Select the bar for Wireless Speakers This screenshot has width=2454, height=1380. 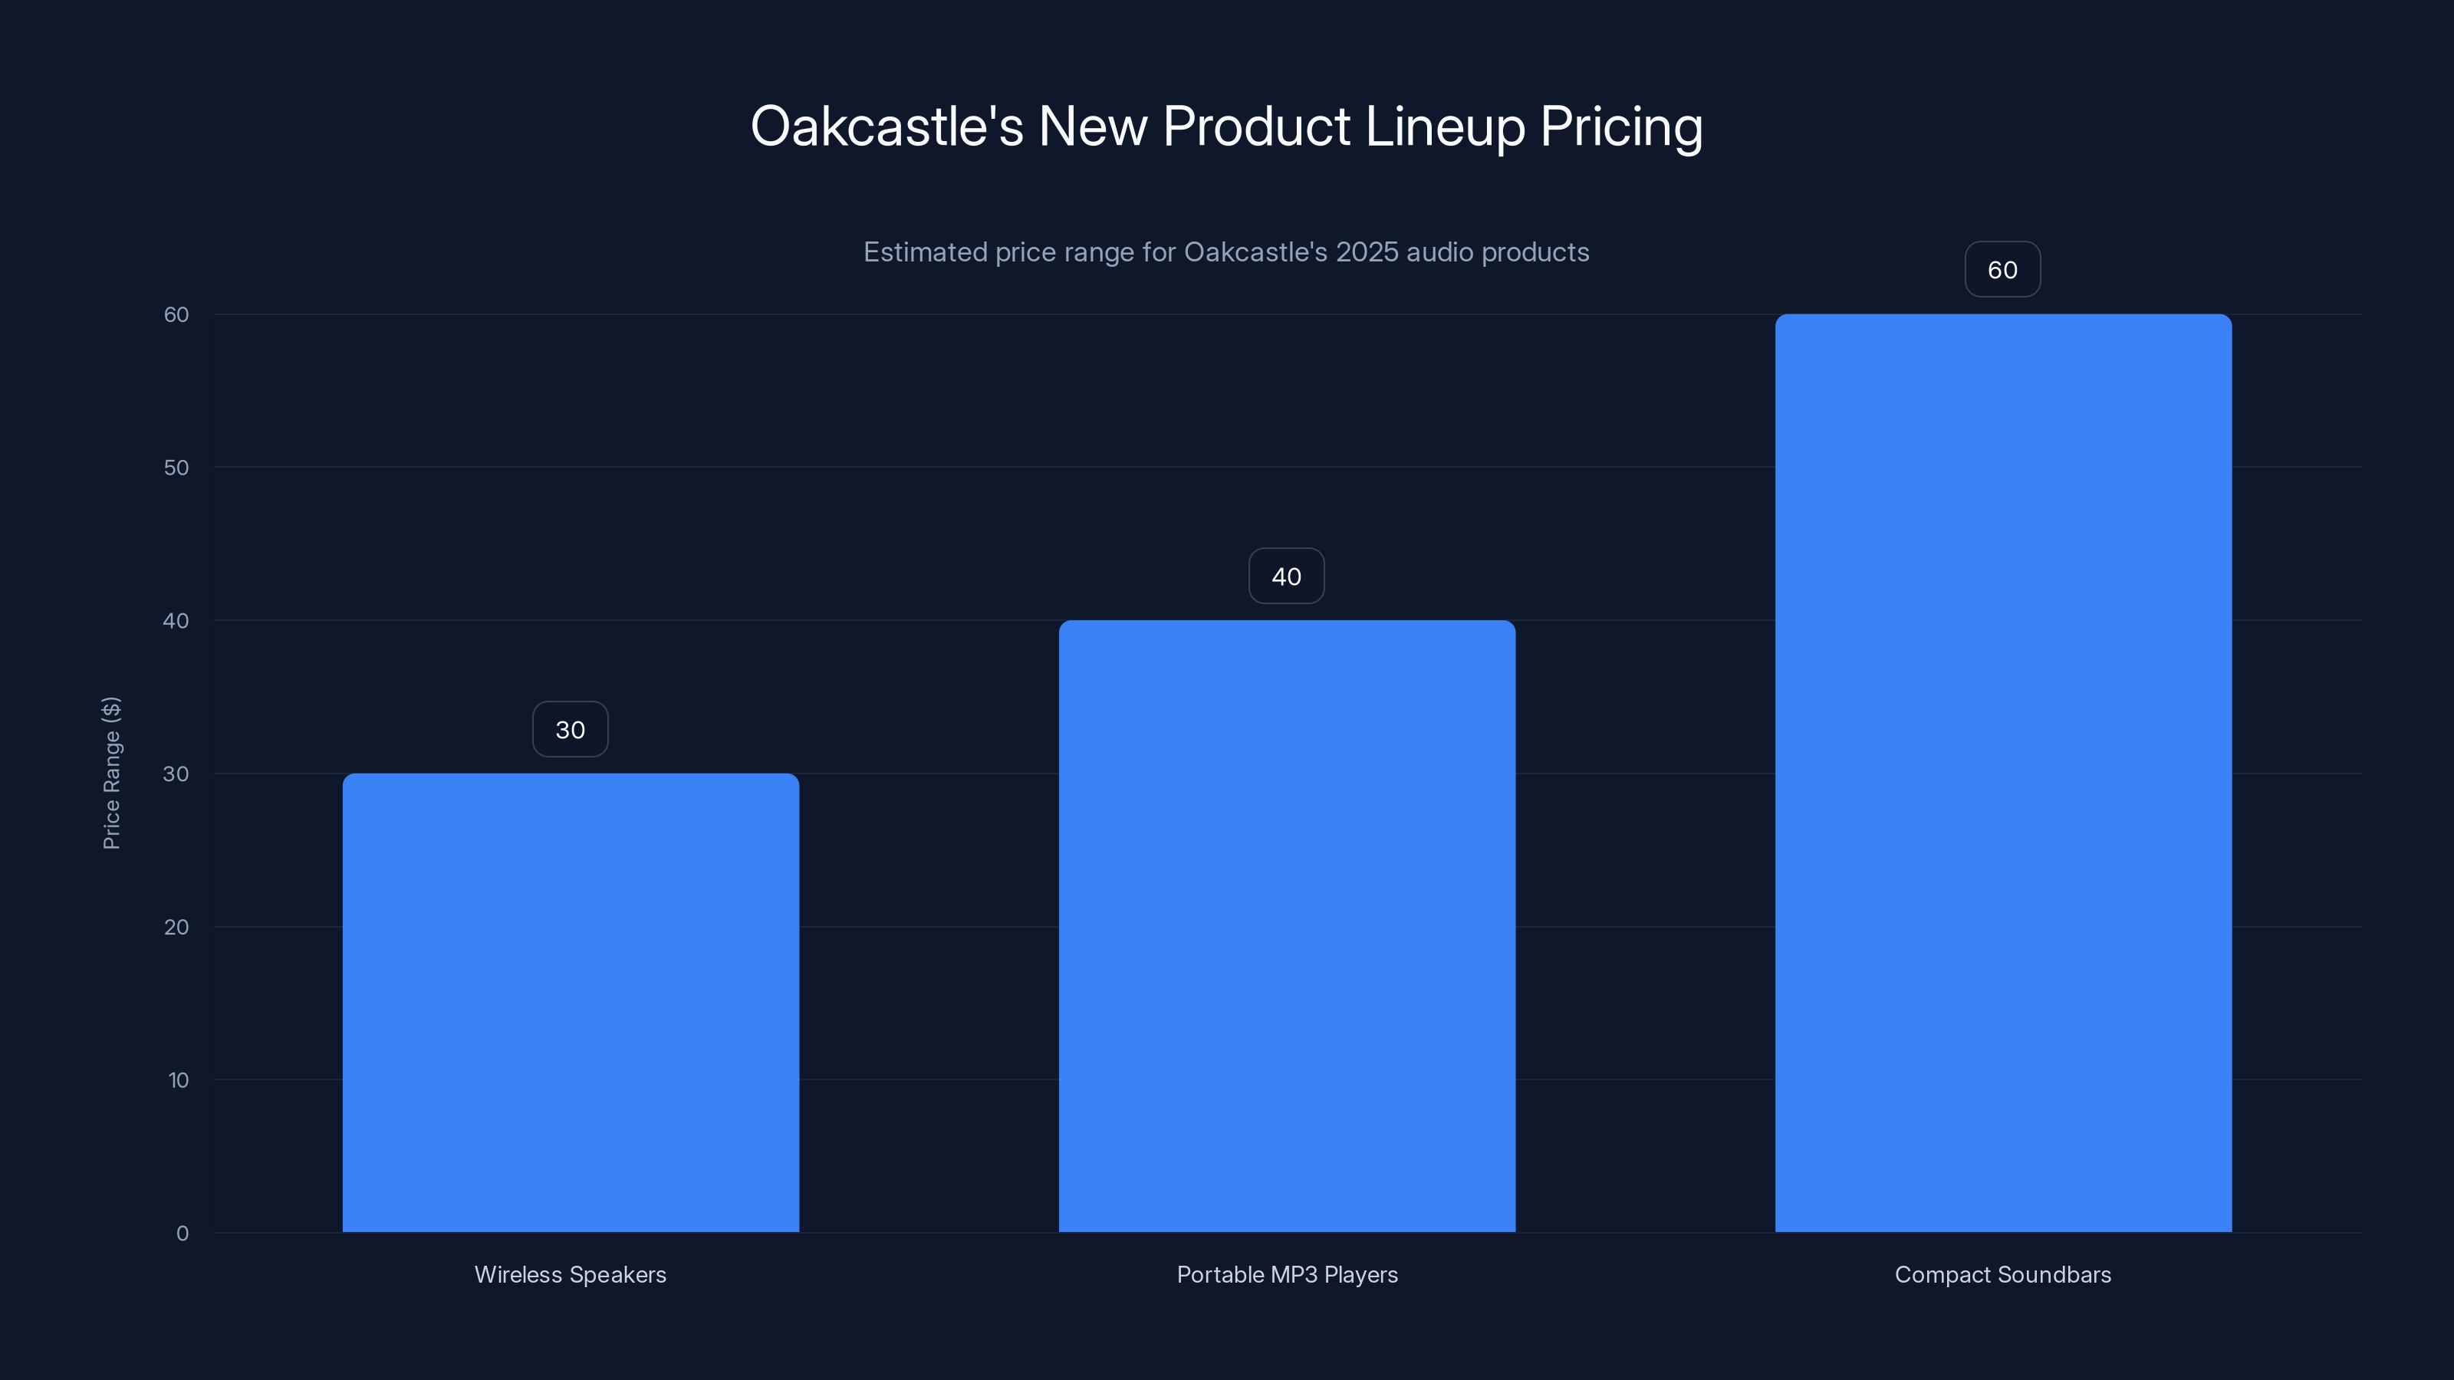click(x=571, y=1002)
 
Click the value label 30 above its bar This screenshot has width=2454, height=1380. click(x=570, y=730)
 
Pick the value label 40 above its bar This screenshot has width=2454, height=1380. click(x=1286, y=577)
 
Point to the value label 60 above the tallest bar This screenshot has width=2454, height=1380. click(x=2002, y=270)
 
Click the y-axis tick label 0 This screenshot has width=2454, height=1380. click(x=182, y=1234)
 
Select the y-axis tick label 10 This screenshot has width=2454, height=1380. click(x=178, y=1080)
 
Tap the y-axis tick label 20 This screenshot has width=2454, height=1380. click(x=176, y=927)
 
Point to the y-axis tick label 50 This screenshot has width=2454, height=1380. click(x=176, y=468)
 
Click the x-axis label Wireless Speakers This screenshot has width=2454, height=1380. click(x=571, y=1274)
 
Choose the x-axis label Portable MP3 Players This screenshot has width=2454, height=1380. click(x=1287, y=1274)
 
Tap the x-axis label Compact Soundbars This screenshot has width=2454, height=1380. click(x=2002, y=1274)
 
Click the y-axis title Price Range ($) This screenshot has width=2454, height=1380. click(x=111, y=772)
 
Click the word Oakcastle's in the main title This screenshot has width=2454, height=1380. click(x=886, y=127)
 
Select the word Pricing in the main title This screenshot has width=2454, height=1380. click(x=1620, y=127)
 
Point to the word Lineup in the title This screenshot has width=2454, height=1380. click(x=1444, y=127)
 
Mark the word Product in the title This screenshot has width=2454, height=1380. click(x=1255, y=127)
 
